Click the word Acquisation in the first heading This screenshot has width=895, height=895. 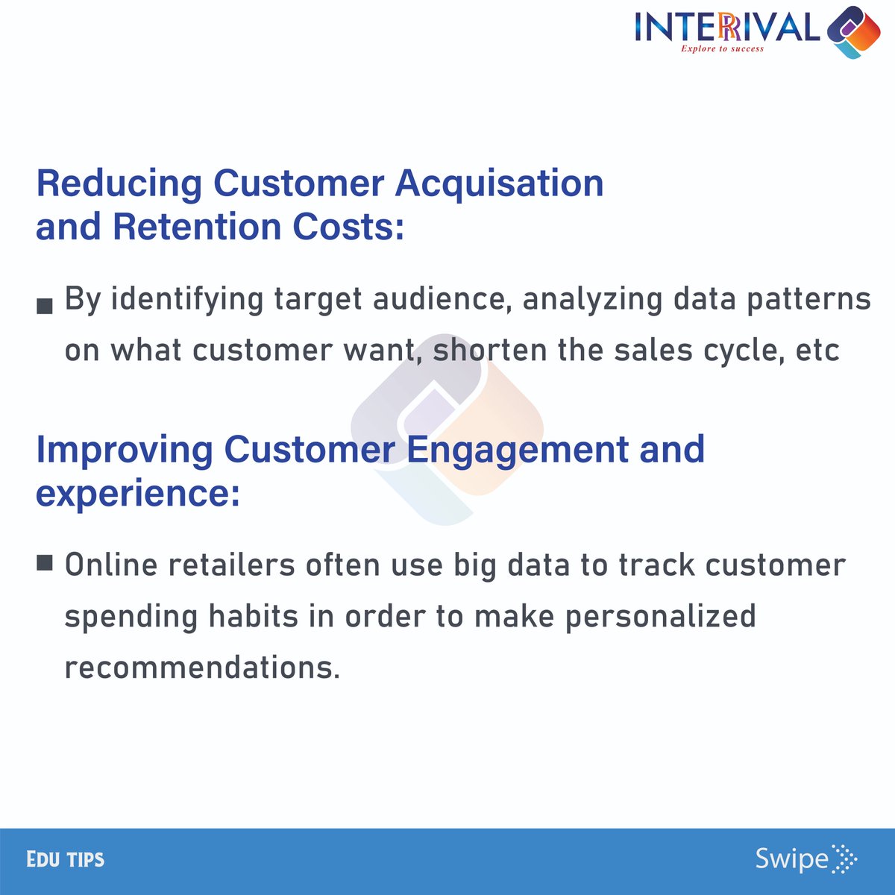tap(499, 184)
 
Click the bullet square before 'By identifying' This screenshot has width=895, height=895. tap(45, 306)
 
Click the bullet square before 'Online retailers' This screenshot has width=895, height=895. tap(45, 562)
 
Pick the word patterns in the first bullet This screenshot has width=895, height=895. tap(809, 299)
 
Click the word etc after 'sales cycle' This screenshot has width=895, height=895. tap(817, 350)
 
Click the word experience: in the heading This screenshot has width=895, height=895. tap(138, 494)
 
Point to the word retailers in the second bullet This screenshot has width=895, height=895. tap(231, 565)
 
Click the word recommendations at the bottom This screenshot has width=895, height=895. tap(201, 667)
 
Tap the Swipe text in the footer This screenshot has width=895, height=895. tap(791, 859)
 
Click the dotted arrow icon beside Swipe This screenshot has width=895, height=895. tap(844, 859)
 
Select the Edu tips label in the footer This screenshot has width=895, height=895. tap(66, 859)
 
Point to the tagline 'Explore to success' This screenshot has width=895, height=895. tap(722, 48)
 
